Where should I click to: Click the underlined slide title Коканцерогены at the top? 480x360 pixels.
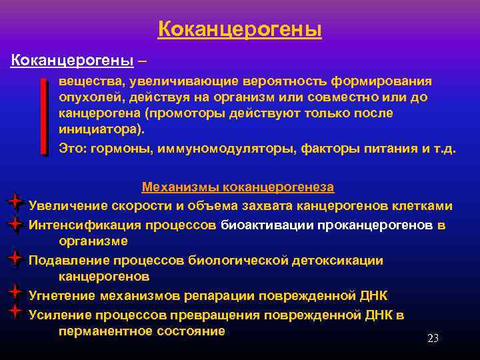(240, 30)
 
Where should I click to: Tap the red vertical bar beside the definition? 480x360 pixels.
(44, 116)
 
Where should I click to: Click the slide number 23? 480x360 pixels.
(433, 338)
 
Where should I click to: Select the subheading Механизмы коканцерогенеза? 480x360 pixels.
(238, 187)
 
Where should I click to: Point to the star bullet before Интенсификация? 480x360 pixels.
(15, 225)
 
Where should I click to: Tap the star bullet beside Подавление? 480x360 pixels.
(15, 257)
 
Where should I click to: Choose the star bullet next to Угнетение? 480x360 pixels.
(15, 292)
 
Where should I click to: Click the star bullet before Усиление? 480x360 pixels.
(15, 311)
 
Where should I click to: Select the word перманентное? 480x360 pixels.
(107, 331)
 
